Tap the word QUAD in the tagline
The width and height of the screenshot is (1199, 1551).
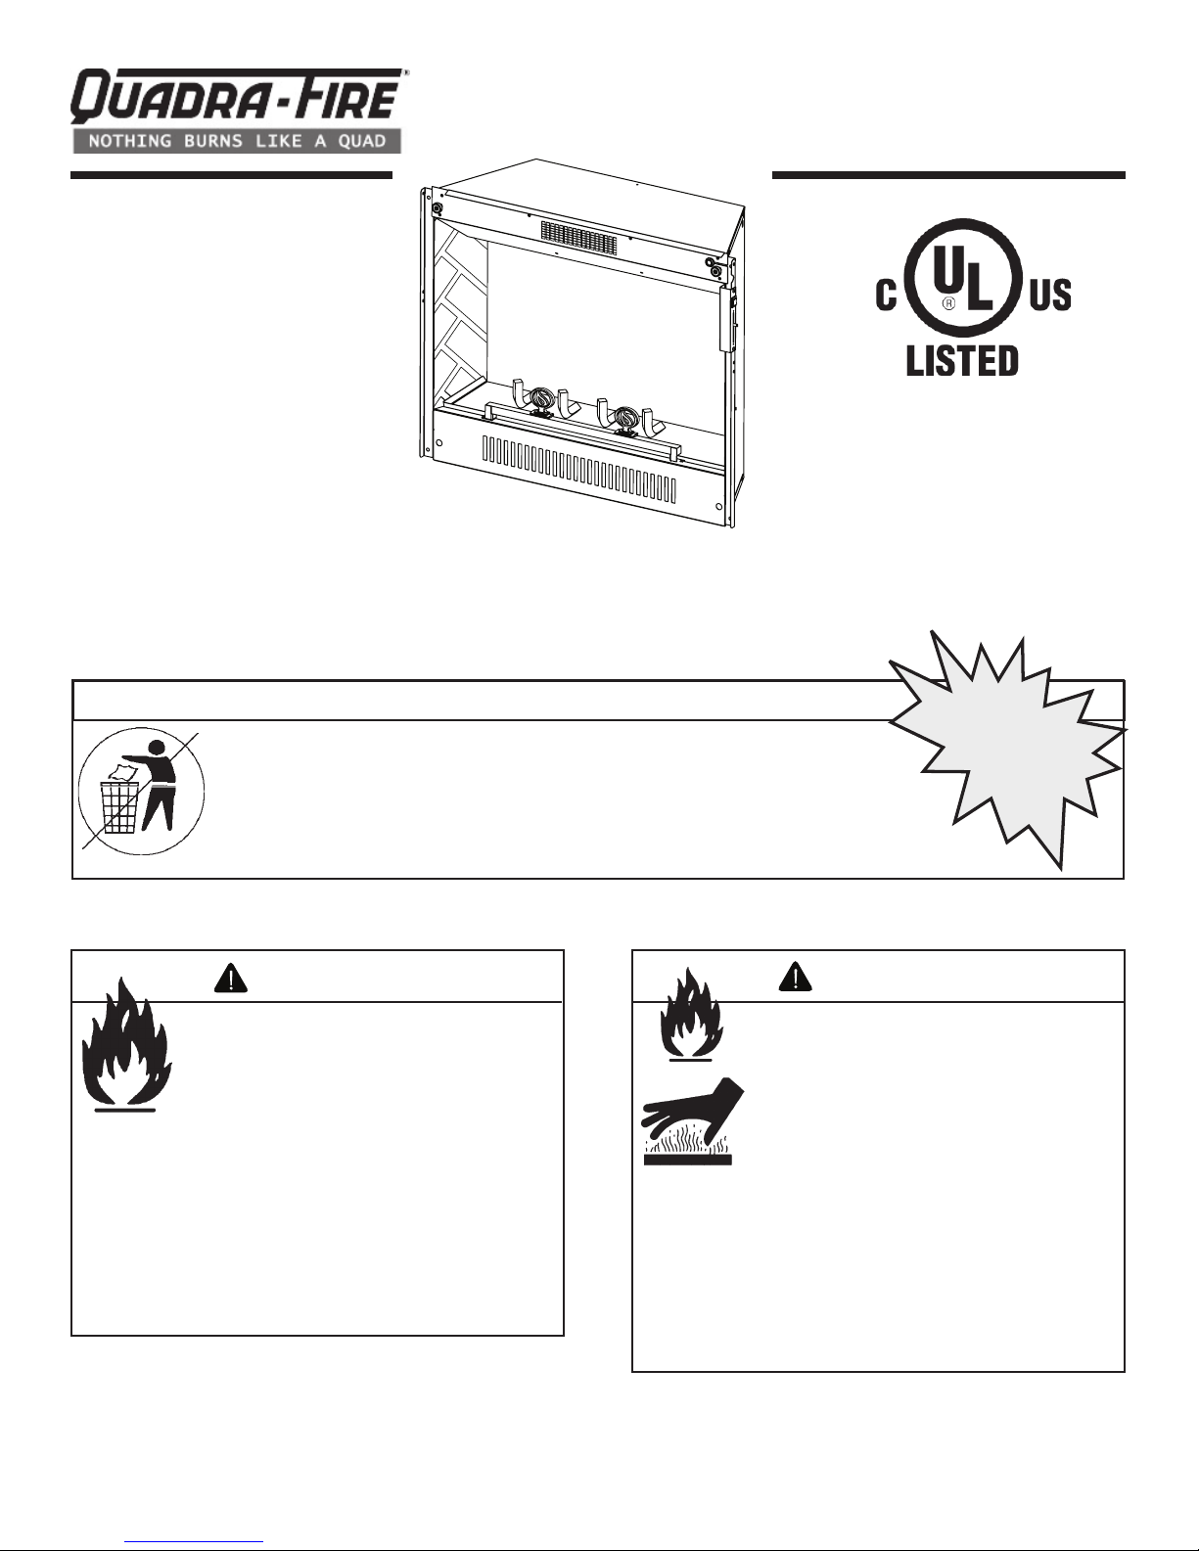coord(362,141)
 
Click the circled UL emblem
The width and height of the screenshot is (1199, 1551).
coord(956,278)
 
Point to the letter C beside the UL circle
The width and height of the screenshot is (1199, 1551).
coord(886,295)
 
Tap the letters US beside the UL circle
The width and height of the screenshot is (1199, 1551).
coord(1050,295)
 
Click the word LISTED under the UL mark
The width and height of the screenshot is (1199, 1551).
coord(961,360)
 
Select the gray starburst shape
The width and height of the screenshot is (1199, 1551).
coord(1006,750)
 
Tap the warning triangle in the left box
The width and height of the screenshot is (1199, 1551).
coord(231,978)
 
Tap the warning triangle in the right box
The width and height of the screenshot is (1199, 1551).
coord(796,977)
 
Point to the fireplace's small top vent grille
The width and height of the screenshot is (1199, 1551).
coord(578,237)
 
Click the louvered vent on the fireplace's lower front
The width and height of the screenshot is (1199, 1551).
coord(578,468)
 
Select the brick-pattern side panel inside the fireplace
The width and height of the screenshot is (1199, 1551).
coord(461,314)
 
